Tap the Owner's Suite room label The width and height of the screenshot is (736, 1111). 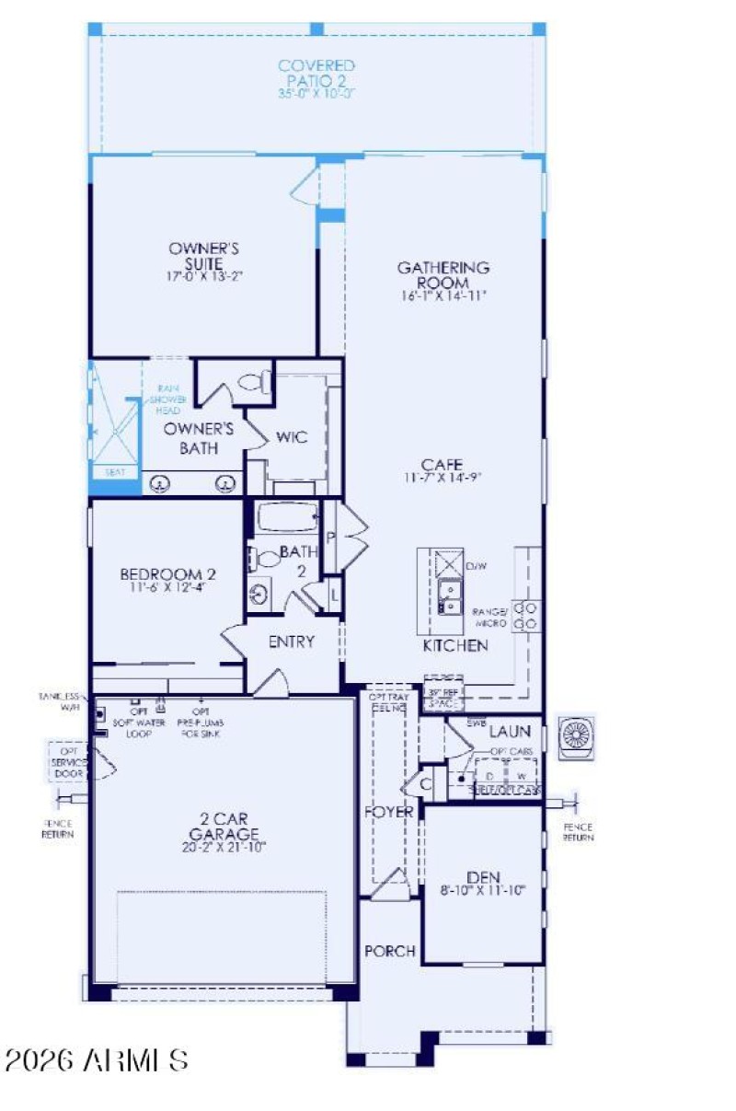click(204, 255)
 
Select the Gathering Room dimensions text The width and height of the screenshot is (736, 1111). click(443, 296)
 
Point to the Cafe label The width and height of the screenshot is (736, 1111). click(443, 464)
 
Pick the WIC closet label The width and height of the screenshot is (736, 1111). click(292, 437)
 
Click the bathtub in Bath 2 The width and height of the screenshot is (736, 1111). click(287, 517)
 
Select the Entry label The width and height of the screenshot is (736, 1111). click(291, 642)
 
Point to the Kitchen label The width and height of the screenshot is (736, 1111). click(454, 645)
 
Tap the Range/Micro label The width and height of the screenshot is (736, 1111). click(490, 617)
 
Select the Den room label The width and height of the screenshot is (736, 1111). click(482, 878)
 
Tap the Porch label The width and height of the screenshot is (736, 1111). click(389, 951)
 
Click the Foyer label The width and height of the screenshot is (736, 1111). click(387, 812)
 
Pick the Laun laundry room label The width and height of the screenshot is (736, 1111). click(509, 732)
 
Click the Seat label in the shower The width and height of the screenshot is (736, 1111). click(115, 472)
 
